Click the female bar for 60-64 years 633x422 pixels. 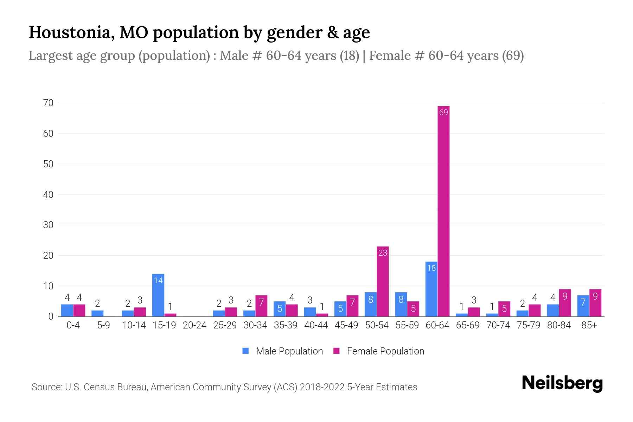click(443, 211)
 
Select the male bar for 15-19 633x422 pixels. click(158, 295)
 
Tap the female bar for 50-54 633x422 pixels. click(383, 281)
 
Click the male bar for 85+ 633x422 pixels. click(583, 306)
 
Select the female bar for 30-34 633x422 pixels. click(261, 306)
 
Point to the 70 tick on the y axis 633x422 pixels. click(48, 103)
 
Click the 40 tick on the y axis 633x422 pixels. click(48, 194)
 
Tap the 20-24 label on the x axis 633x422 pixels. click(194, 325)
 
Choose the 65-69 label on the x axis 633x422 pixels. click(468, 325)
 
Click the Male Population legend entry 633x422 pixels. click(283, 351)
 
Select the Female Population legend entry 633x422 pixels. click(379, 351)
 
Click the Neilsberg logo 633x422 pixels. click(562, 383)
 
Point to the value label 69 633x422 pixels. click(443, 113)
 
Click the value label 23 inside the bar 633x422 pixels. click(383, 252)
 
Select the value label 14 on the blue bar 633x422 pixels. click(158, 280)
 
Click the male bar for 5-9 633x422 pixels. click(97, 313)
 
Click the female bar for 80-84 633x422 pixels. click(565, 303)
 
